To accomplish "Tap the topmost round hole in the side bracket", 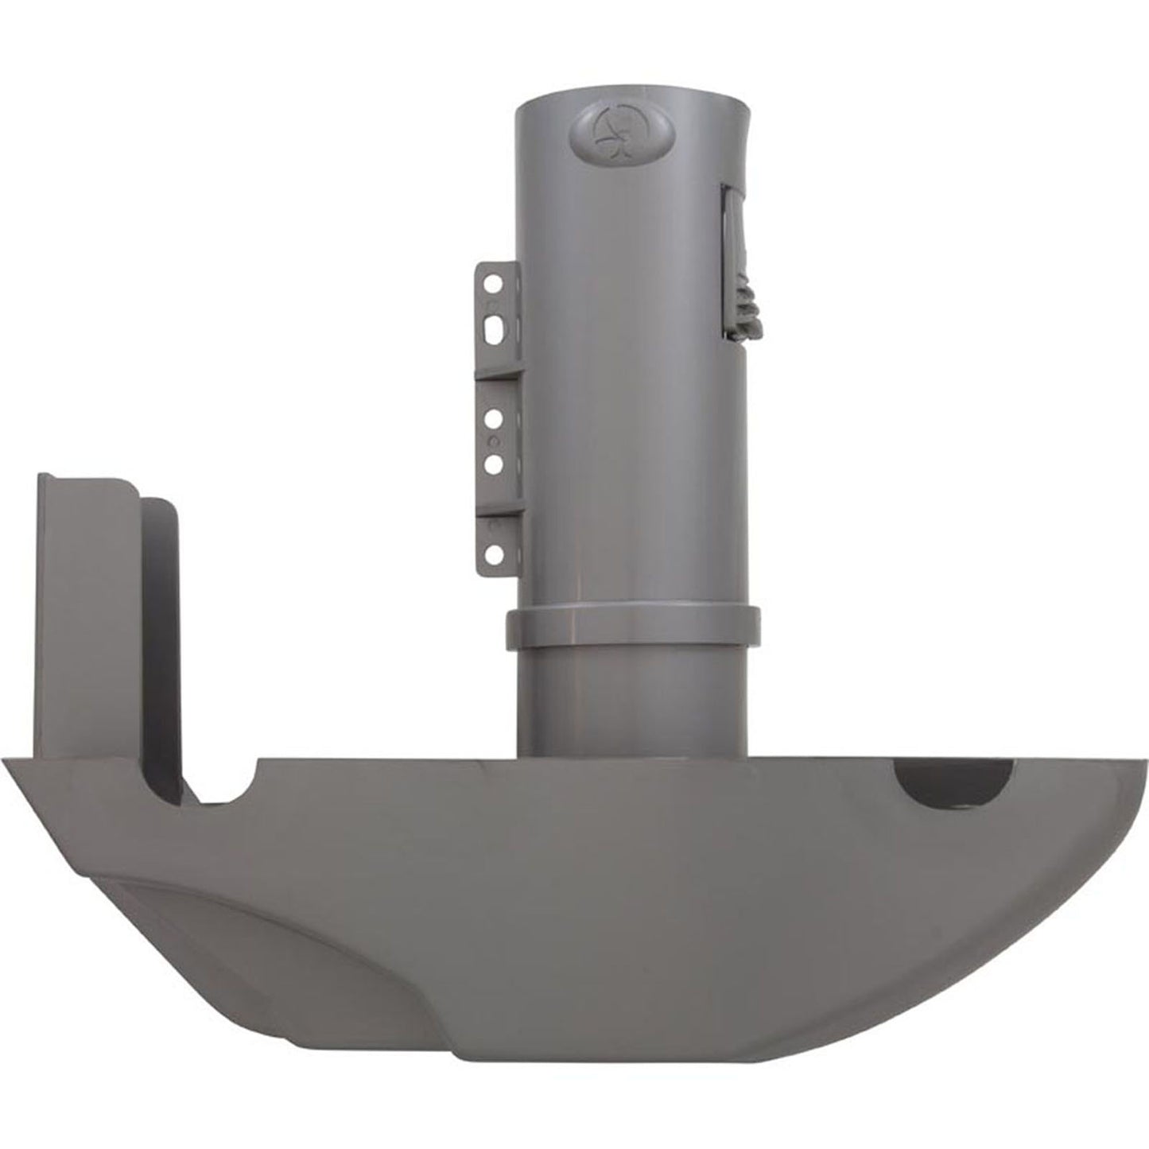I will pyautogui.click(x=494, y=282).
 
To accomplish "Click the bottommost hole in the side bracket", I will pyautogui.click(x=494, y=551).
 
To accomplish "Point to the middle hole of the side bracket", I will pyautogui.click(x=494, y=416).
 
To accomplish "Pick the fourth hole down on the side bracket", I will pyautogui.click(x=494, y=461).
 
